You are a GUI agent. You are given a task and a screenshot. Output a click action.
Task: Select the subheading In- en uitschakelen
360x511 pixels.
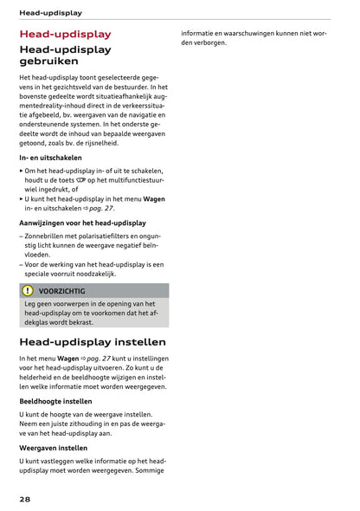[x=50, y=158]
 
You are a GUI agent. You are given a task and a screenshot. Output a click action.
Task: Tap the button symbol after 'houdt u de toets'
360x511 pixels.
[x=93, y=180]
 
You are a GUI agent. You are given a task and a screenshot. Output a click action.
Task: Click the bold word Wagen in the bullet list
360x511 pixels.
[x=154, y=198]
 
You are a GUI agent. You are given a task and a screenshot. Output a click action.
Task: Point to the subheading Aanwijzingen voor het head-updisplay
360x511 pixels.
[x=82, y=223]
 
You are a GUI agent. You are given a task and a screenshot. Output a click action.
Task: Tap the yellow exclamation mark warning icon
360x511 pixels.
[x=28, y=291]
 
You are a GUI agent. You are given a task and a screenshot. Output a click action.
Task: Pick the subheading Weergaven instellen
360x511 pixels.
[x=53, y=448]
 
